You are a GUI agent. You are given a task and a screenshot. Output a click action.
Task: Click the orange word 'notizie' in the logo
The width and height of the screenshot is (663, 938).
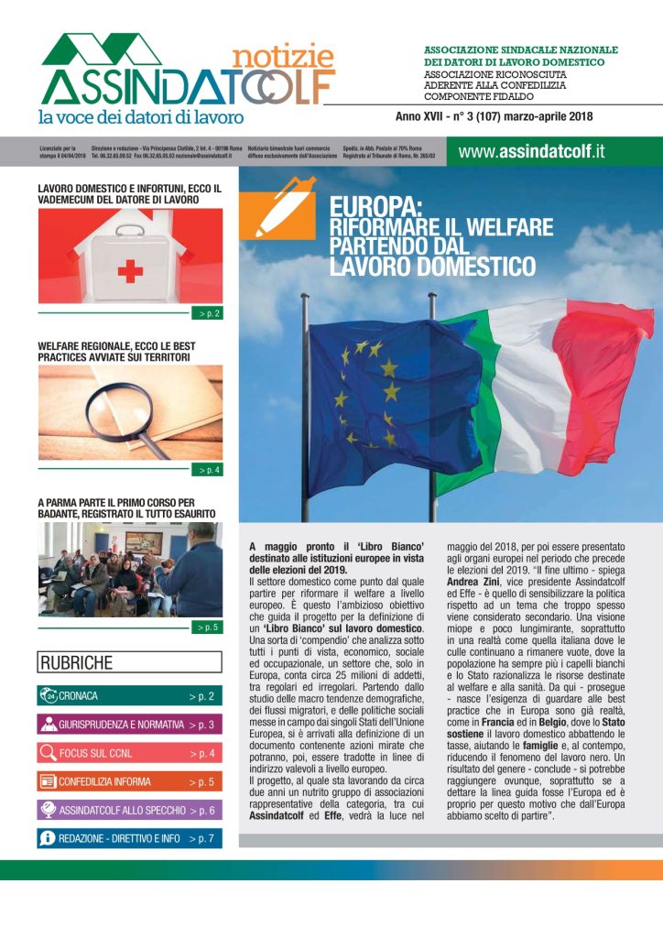[283, 58]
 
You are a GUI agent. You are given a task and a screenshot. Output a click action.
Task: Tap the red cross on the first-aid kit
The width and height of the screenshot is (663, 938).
[131, 270]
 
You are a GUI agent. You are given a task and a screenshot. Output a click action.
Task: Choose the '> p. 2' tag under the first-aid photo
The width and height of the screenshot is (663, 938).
[209, 313]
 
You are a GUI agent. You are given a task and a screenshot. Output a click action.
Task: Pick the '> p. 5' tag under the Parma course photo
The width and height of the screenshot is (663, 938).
[209, 627]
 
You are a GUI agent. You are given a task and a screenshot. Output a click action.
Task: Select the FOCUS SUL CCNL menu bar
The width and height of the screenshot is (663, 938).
[129, 754]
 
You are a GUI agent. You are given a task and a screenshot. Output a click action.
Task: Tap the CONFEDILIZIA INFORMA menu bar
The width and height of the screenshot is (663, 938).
[129, 782]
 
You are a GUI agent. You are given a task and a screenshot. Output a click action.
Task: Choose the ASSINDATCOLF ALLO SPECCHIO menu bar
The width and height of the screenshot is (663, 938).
[129, 811]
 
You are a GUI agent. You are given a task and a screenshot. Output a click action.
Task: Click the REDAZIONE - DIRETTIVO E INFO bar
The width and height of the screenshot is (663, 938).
[129, 839]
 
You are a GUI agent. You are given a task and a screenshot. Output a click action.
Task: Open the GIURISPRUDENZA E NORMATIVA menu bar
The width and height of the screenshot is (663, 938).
[129, 725]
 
